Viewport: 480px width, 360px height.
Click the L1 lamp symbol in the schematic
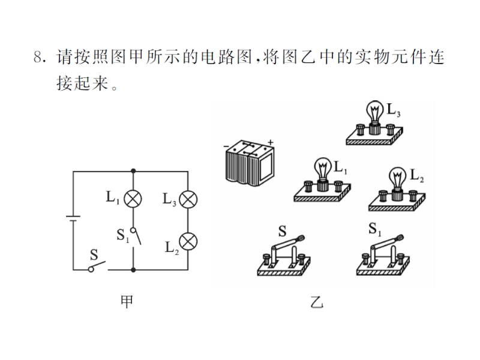pos(132,197)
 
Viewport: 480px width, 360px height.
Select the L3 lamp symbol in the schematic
pos(188,199)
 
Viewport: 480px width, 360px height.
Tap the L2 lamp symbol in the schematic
pos(188,241)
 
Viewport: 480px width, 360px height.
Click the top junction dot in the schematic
pos(132,171)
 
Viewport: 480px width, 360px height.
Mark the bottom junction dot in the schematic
pos(132,270)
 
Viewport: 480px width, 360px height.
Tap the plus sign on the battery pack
pos(271,142)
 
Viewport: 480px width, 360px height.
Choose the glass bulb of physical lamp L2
pos(397,176)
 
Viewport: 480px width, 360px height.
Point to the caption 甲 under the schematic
pos(127,302)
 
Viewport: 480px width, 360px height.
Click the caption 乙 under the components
pos(317,302)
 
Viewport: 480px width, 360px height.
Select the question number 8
pos(40,58)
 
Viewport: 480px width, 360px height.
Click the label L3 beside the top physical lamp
pos(394,110)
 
